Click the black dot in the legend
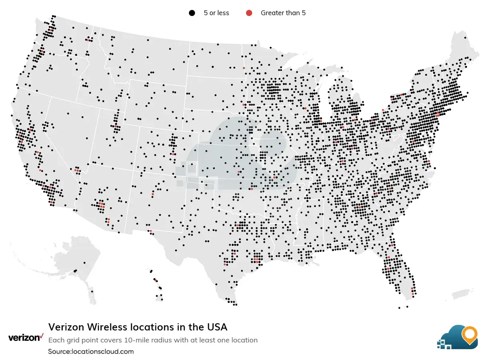point(192,13)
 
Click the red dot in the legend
point(249,13)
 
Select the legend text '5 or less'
point(216,13)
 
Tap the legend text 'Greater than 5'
point(283,13)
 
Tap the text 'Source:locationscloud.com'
point(91,351)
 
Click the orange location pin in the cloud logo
point(469,335)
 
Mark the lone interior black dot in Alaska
point(85,263)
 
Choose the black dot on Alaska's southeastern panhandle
point(92,291)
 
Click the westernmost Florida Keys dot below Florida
point(399,308)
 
